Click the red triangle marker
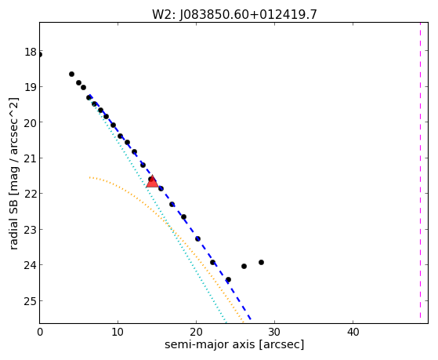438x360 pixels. click(152, 182)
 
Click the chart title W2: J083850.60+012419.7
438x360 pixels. click(234, 15)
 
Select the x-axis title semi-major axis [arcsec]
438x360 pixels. click(234, 344)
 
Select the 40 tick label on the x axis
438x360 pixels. click(353, 332)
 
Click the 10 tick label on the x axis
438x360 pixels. click(118, 332)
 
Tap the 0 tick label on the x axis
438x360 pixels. click(40, 332)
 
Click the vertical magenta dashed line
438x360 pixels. click(420, 173)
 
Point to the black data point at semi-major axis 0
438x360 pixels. click(40, 55)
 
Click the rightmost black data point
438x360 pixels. click(261, 263)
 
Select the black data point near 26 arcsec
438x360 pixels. click(244, 267)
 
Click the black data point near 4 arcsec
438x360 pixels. click(71, 75)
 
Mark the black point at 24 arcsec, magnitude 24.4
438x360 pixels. click(228, 279)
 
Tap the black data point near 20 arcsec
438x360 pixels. click(197, 238)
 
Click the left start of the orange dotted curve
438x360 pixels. click(89, 177)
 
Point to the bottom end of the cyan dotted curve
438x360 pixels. click(226, 322)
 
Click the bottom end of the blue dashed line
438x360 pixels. click(251, 319)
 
